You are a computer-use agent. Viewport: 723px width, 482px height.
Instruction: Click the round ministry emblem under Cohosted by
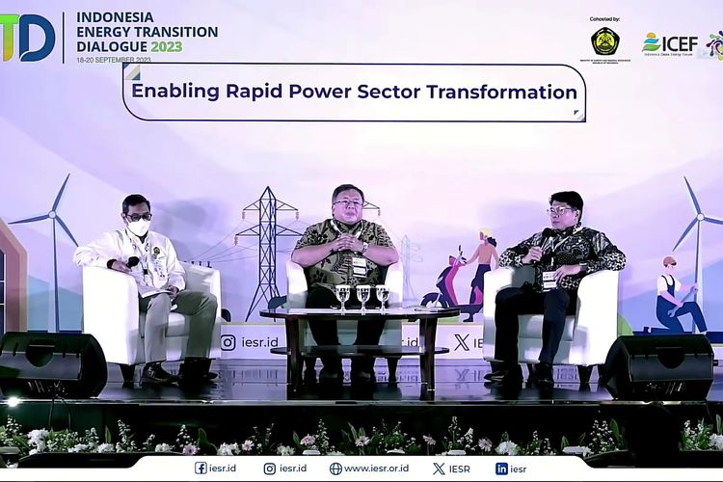tap(605, 41)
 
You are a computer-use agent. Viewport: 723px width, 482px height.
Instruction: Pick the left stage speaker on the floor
tap(53, 363)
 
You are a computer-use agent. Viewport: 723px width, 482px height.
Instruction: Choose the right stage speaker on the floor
tap(657, 365)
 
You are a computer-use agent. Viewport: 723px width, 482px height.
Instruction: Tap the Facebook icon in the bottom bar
tap(201, 469)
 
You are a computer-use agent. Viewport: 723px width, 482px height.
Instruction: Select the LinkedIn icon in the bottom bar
tap(501, 469)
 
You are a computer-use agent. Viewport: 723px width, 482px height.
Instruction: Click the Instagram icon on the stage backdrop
tap(228, 342)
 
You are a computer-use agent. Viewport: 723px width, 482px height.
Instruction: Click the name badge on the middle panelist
tap(359, 265)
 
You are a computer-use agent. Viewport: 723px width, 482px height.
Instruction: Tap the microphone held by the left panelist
tap(132, 261)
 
